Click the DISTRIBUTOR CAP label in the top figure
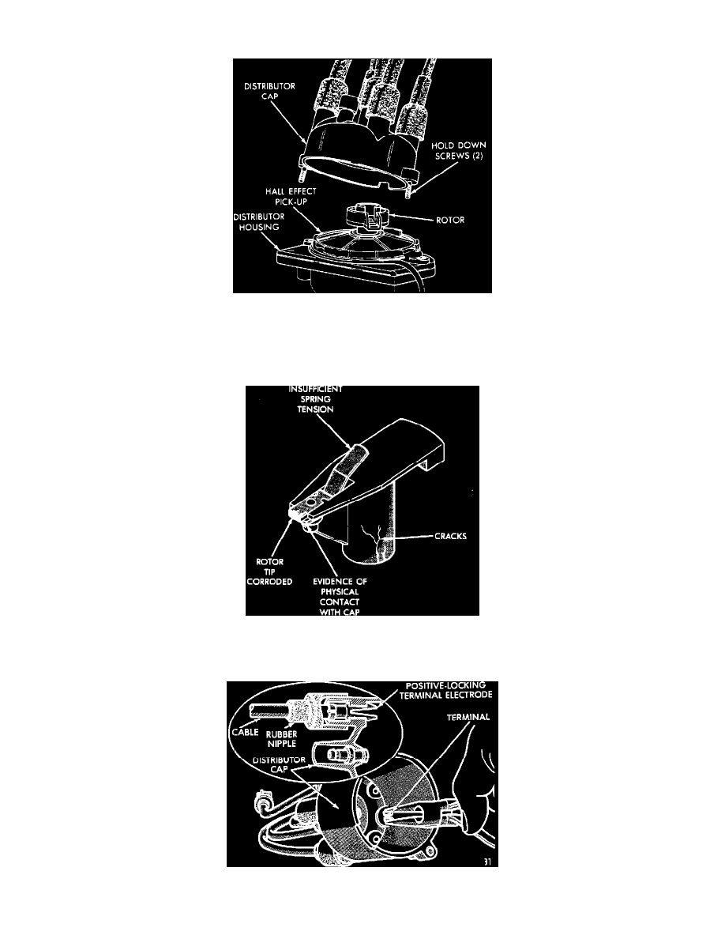coord(269,91)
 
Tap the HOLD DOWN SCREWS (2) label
coord(458,150)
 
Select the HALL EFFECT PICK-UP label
coord(291,197)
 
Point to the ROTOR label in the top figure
coord(450,220)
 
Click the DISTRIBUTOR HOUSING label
coord(259,221)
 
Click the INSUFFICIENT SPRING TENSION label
coord(315,399)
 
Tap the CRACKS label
coord(450,536)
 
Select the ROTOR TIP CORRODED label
coord(269,571)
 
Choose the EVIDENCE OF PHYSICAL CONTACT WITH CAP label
coord(340,597)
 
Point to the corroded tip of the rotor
coord(297,512)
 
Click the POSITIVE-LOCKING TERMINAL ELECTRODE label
coord(445,690)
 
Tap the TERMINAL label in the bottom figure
coord(468,717)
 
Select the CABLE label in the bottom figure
coord(246,732)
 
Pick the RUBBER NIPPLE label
coord(281,739)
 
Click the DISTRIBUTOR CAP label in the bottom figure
coord(279,764)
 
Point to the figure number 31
coord(487,862)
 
